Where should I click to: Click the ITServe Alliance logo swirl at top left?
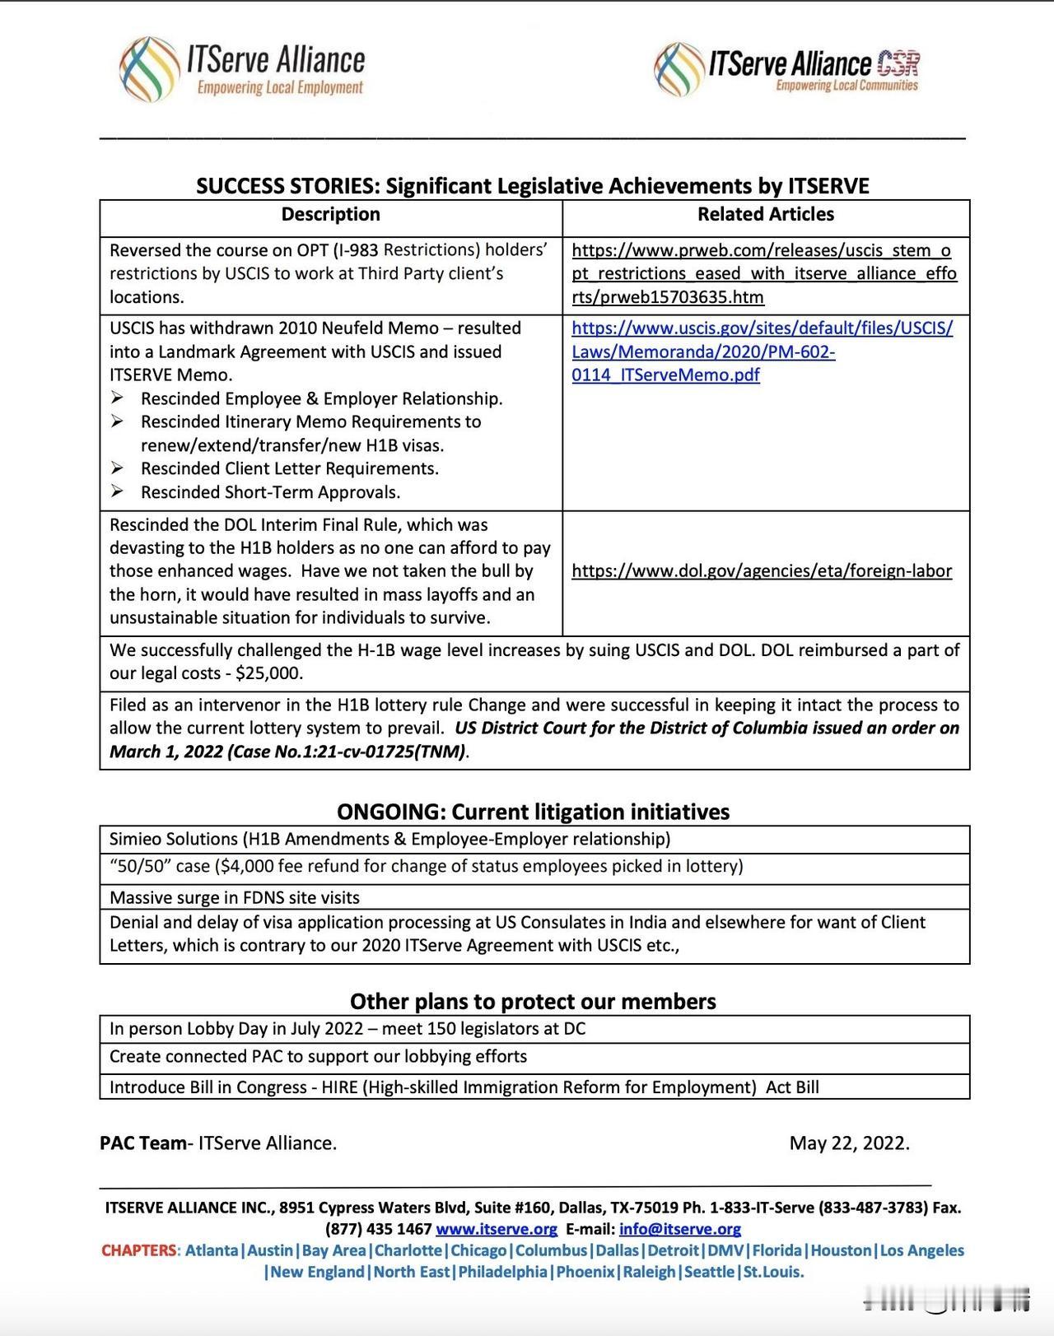click(149, 69)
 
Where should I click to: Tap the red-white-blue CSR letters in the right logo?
click(898, 63)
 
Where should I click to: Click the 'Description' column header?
click(330, 215)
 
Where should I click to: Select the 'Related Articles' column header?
click(765, 215)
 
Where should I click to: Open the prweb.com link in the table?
click(763, 273)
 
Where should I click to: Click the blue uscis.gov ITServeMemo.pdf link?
click(762, 351)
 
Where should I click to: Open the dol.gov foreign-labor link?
click(762, 571)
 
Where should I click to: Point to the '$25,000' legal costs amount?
click(269, 673)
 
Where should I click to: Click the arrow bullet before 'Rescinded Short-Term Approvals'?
click(119, 491)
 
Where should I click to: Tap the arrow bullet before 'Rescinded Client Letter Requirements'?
click(119, 468)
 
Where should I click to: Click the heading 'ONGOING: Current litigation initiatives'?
click(533, 812)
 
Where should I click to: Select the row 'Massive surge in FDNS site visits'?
click(235, 897)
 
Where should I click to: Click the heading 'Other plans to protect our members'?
click(533, 1001)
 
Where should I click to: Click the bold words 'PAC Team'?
click(142, 1143)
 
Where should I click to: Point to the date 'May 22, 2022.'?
click(849, 1143)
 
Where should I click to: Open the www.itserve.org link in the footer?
click(497, 1229)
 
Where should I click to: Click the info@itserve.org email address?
click(679, 1229)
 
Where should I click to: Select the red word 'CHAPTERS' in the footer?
click(138, 1250)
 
